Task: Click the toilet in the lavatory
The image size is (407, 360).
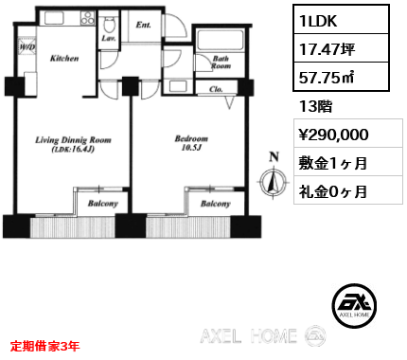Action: click(109, 25)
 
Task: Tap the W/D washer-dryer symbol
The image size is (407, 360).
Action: click(27, 47)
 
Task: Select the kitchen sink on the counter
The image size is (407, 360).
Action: click(54, 18)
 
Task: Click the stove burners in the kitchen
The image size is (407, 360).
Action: click(87, 18)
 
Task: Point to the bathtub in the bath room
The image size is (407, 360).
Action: click(220, 41)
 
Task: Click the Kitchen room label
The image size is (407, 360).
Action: click(64, 58)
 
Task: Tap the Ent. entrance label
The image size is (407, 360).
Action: click(143, 25)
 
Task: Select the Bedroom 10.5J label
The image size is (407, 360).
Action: click(191, 143)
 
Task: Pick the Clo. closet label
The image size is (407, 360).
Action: click(216, 89)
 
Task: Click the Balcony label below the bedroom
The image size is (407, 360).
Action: click(216, 204)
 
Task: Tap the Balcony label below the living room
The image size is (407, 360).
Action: click(103, 204)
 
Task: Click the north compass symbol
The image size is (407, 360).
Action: click(274, 181)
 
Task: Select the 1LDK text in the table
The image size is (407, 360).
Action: click(318, 21)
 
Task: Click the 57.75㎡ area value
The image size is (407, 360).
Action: click(327, 78)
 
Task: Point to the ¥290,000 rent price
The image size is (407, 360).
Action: click(333, 135)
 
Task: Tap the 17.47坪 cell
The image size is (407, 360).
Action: click(327, 49)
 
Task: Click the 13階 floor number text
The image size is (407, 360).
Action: click(315, 106)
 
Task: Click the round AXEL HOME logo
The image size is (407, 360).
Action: click(354, 305)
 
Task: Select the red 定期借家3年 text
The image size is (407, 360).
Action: click(44, 346)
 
